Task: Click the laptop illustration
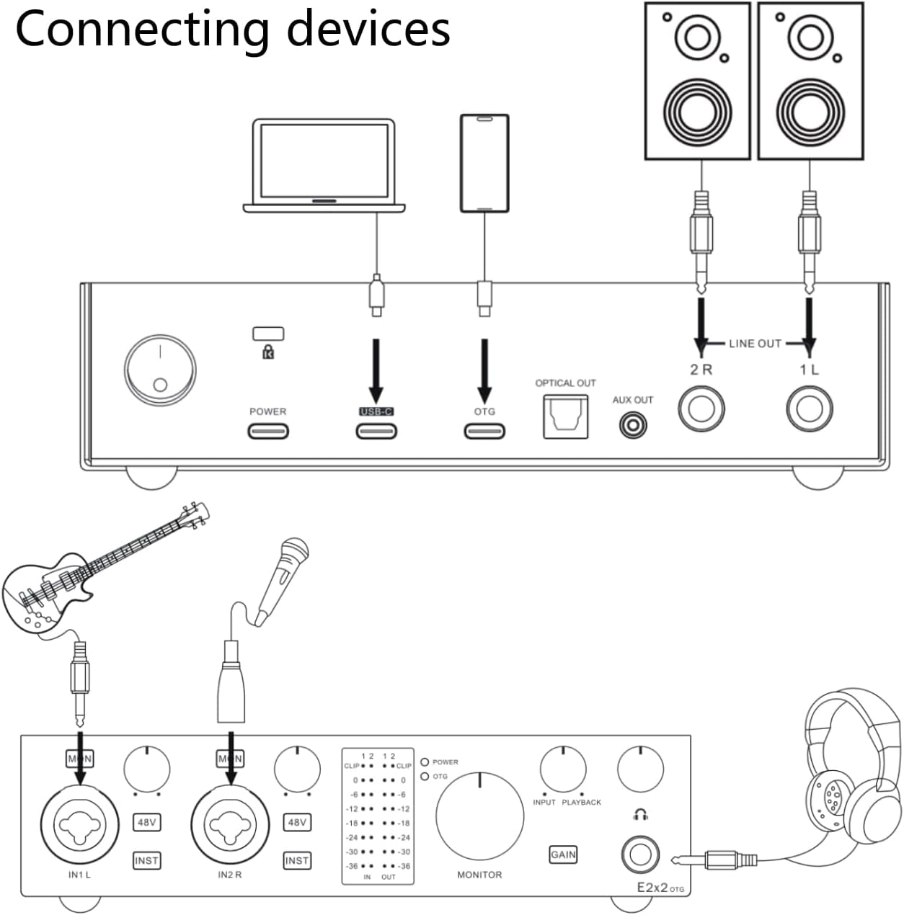[x=323, y=166]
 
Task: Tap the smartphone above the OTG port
[x=484, y=163]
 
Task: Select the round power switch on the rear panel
[x=159, y=370]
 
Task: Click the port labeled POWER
[x=268, y=431]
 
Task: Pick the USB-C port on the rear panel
[x=376, y=431]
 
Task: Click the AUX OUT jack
[x=633, y=424]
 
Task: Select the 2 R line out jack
[x=701, y=409]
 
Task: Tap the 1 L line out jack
[x=809, y=409]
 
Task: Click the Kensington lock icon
[x=268, y=352]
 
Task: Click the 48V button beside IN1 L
[x=146, y=822]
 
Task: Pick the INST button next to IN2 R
[x=297, y=860]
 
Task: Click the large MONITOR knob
[x=479, y=817]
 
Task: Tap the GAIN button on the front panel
[x=563, y=854]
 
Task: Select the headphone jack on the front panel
[x=640, y=854]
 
